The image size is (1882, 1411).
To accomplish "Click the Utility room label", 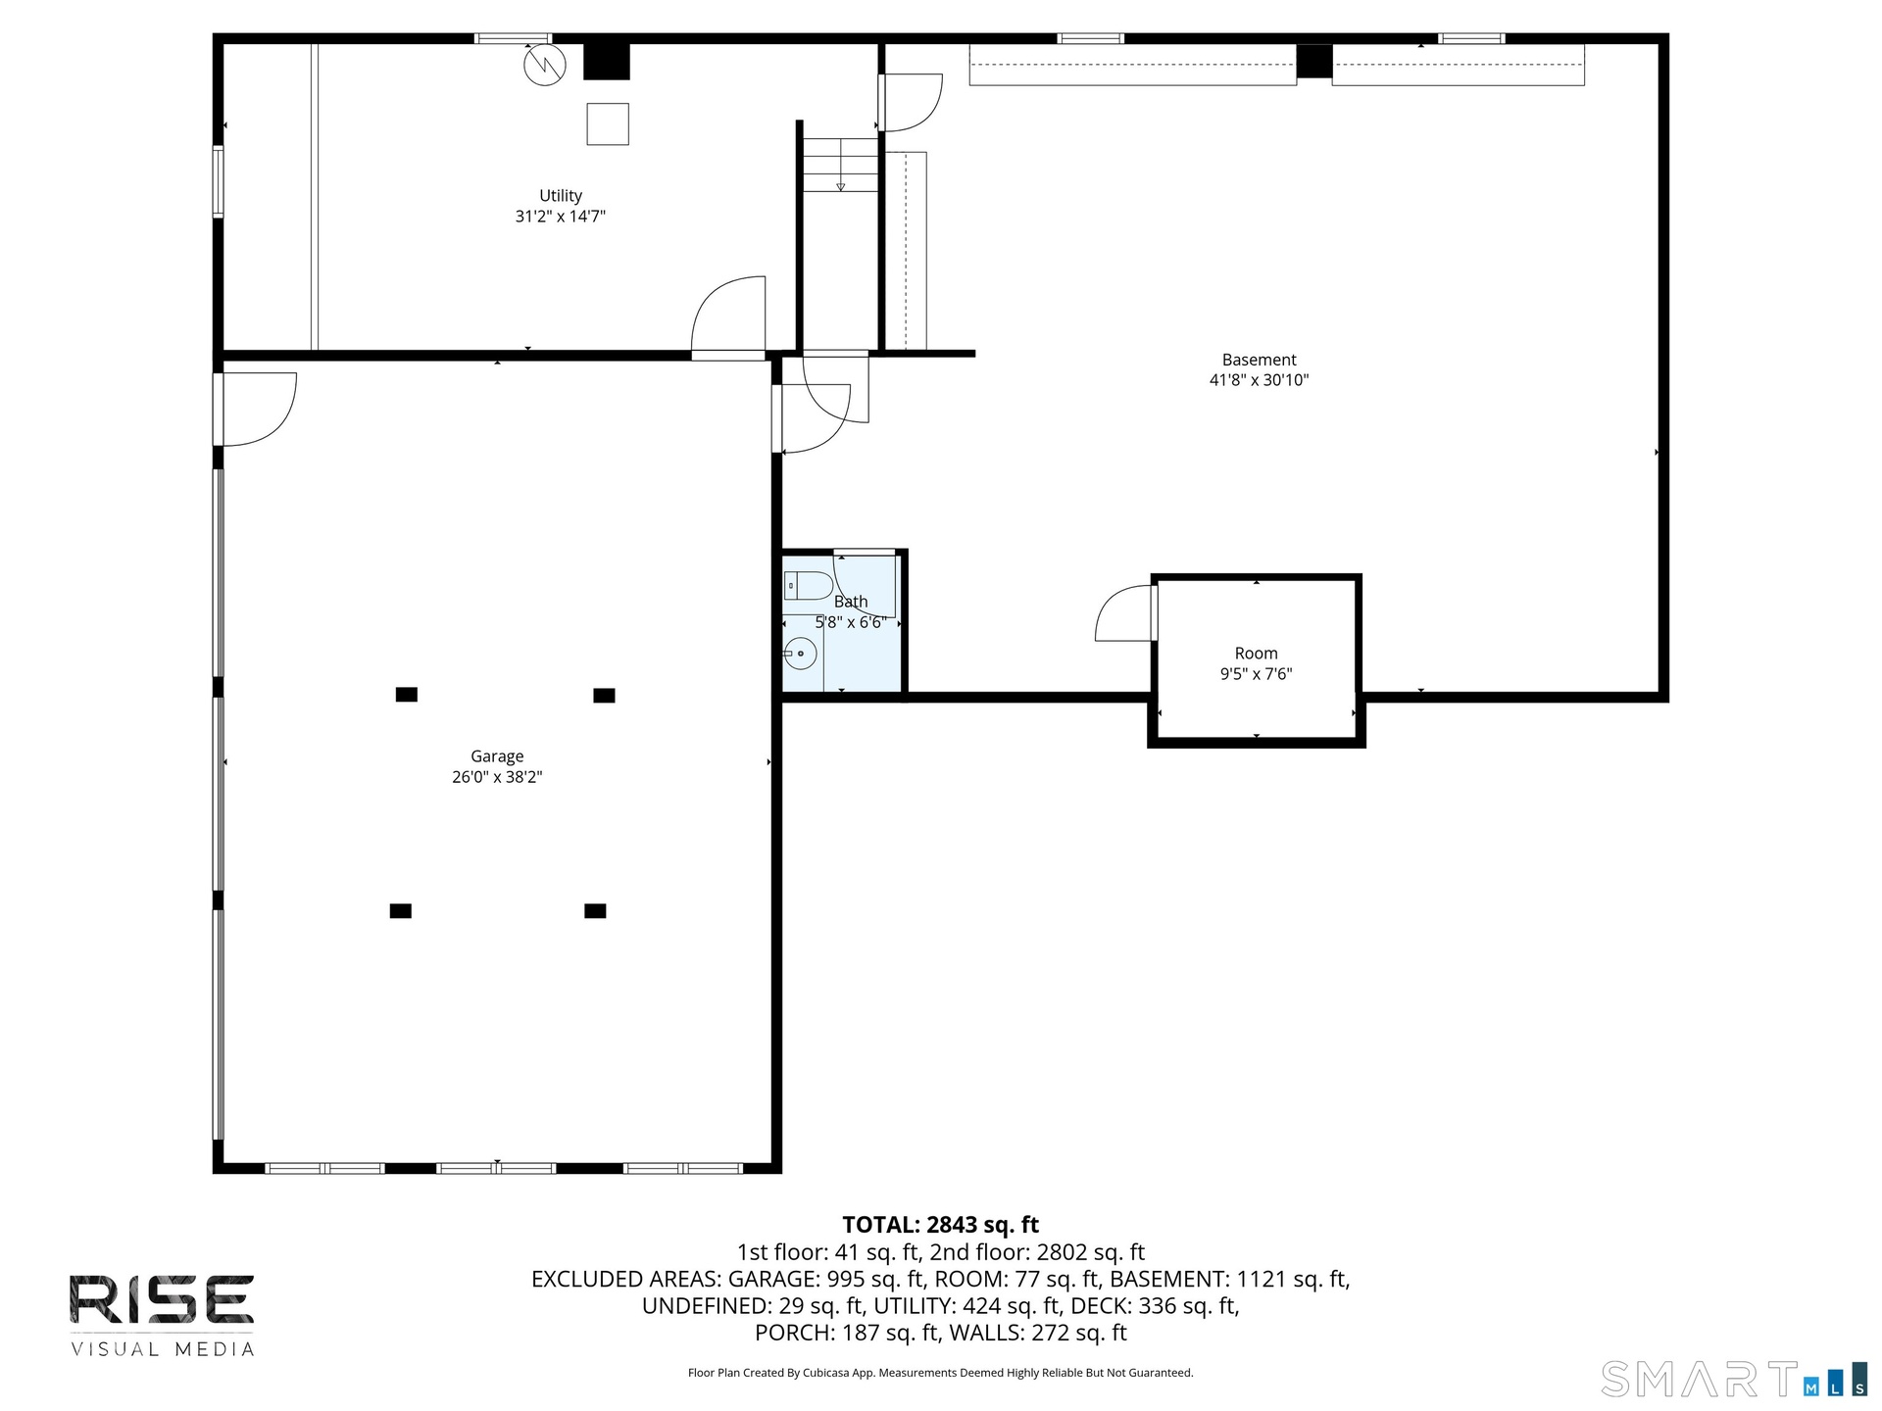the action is (561, 196).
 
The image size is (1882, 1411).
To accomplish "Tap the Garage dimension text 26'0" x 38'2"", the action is (497, 777).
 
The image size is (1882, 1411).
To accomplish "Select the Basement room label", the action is (1259, 360).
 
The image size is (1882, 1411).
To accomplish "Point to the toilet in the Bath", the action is (808, 586).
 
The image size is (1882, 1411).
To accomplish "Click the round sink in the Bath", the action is (800, 653).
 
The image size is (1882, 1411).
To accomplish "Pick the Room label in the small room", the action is (1256, 654).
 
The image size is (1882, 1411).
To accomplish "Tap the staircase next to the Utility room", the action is (840, 165).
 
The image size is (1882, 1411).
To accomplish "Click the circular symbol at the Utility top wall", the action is (545, 66).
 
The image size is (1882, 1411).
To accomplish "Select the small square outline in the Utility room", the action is (608, 123).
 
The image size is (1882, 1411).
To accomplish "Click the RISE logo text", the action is (162, 1299).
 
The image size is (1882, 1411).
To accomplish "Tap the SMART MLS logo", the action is (1734, 1379).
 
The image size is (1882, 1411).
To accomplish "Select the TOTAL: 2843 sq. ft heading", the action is (941, 1225).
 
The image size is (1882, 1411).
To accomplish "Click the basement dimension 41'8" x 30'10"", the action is (1259, 380).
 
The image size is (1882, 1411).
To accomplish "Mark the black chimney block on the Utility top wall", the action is (607, 61).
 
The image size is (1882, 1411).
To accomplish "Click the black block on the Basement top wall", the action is (1314, 61).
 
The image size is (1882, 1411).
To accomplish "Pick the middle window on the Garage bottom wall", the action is (496, 1168).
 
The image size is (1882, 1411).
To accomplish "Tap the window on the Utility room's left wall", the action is (219, 181).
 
